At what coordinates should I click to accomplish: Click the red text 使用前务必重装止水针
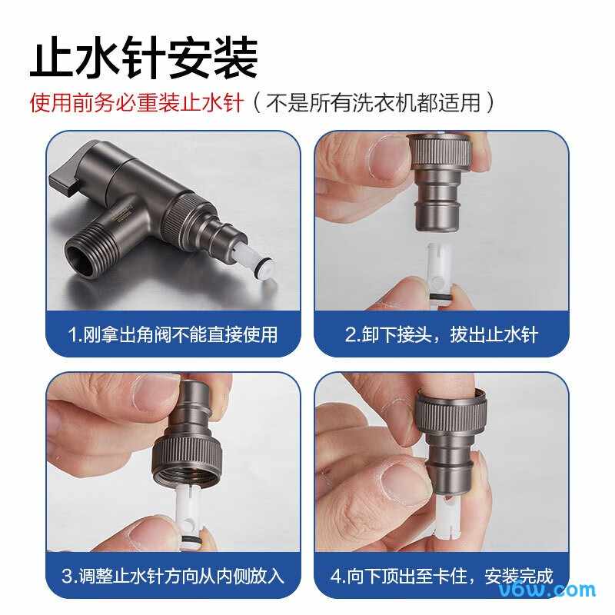click(x=136, y=102)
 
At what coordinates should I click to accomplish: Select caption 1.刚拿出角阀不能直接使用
click(x=172, y=334)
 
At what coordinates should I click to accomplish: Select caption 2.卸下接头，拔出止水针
click(x=441, y=334)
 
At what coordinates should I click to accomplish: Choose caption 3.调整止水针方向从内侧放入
click(x=172, y=576)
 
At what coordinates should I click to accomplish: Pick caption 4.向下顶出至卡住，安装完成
click(x=441, y=576)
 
